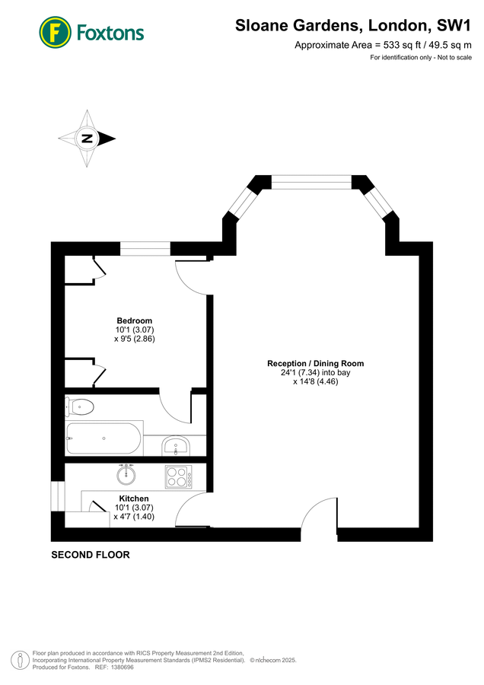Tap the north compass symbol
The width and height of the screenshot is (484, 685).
[x=88, y=138]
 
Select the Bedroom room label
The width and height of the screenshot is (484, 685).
[x=134, y=320]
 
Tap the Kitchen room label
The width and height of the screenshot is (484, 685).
[x=133, y=499]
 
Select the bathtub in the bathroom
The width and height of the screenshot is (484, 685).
[x=103, y=439]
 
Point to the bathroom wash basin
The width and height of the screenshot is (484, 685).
[x=176, y=444]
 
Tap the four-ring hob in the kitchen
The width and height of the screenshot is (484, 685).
[x=178, y=476]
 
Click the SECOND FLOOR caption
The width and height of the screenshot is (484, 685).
[x=90, y=555]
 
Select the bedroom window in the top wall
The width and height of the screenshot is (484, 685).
[x=145, y=249]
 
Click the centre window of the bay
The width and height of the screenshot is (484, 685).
[x=311, y=182]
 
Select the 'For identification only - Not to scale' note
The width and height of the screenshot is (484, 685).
[x=421, y=58]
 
